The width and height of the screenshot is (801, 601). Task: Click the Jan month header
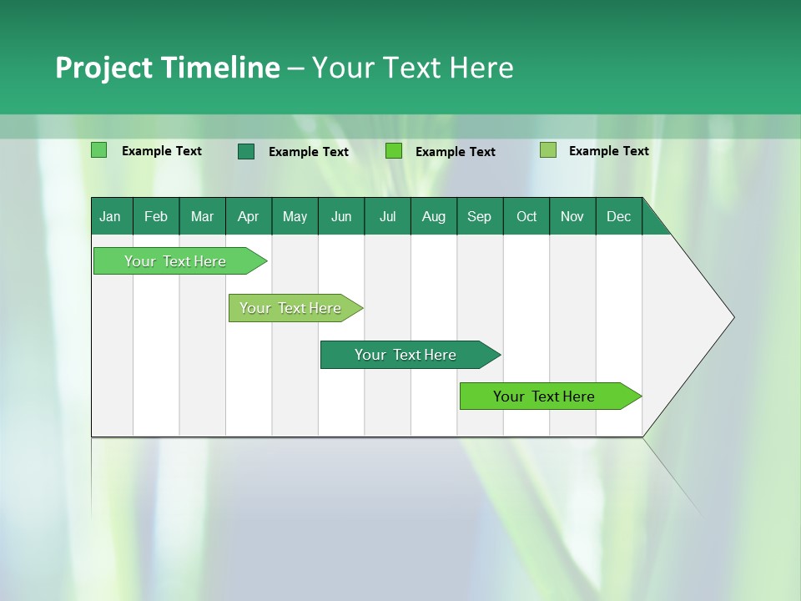pyautogui.click(x=111, y=216)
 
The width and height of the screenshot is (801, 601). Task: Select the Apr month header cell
pyautogui.click(x=249, y=216)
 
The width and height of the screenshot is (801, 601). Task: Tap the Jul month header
pyautogui.click(x=387, y=216)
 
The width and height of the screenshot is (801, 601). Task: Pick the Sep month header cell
pyautogui.click(x=480, y=216)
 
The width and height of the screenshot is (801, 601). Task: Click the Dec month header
pyautogui.click(x=618, y=216)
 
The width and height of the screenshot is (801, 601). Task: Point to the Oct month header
pyautogui.click(x=526, y=216)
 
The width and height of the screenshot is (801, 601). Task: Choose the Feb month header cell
pyautogui.click(x=156, y=216)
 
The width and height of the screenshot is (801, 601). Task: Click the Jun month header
pyautogui.click(x=341, y=216)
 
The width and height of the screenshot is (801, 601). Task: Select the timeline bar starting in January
pyautogui.click(x=176, y=261)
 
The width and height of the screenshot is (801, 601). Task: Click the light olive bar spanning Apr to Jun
pyautogui.click(x=291, y=308)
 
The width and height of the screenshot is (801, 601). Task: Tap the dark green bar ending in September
pyautogui.click(x=406, y=355)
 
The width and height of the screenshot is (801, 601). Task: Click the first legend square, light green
pyautogui.click(x=98, y=150)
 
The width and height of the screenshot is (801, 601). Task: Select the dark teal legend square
pyautogui.click(x=246, y=151)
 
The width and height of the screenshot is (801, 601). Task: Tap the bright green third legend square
pyautogui.click(x=394, y=151)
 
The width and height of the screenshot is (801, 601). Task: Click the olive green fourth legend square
pyautogui.click(x=548, y=150)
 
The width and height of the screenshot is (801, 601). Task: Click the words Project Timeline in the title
pyautogui.click(x=167, y=68)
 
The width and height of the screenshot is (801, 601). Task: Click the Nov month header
pyautogui.click(x=572, y=216)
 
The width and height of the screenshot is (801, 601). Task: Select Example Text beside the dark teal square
pyautogui.click(x=309, y=152)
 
